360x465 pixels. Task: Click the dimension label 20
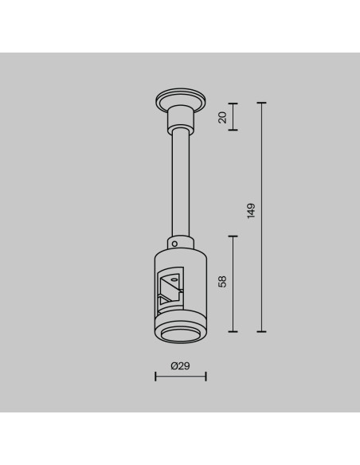click(x=222, y=117)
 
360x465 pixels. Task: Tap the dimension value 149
click(x=251, y=211)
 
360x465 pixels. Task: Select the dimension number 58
click(x=222, y=281)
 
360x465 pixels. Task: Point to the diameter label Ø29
click(x=180, y=366)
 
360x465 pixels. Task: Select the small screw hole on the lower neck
click(x=175, y=244)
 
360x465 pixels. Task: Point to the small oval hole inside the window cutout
click(x=174, y=279)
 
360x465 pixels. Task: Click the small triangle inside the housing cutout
click(x=164, y=300)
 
